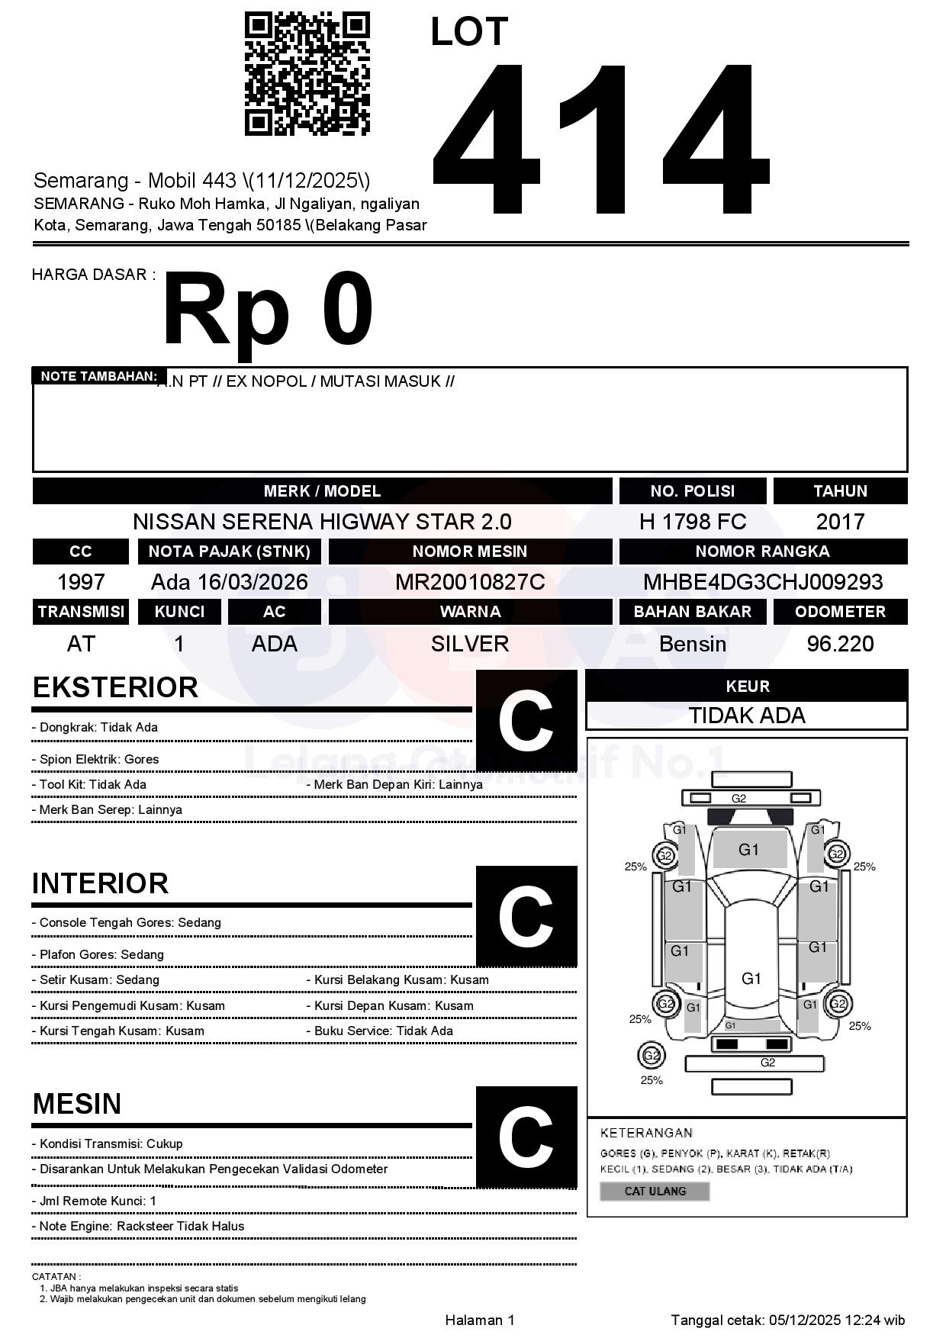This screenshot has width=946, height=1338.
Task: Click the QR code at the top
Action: coord(307,73)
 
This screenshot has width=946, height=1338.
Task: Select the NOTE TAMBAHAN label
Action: coord(98,376)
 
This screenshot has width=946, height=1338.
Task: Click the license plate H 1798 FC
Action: coord(692,522)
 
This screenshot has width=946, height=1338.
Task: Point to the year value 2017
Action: coord(840,522)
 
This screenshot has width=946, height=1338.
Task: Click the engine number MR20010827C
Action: coord(470,582)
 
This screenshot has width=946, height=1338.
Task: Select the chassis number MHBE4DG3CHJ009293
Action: coord(763,582)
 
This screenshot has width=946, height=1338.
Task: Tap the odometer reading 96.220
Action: coord(840,644)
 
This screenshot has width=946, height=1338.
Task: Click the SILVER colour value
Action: coord(470,644)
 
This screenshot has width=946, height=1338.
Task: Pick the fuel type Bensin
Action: coord(692,644)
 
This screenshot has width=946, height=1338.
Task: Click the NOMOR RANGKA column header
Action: coord(763,551)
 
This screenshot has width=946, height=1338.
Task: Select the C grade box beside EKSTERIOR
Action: coord(526,721)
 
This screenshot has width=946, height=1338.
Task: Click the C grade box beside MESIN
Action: coord(526,1137)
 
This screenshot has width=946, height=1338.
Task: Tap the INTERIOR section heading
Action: coord(100,883)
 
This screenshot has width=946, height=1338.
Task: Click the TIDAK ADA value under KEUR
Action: coord(747,716)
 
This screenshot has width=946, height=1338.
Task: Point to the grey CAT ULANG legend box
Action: coord(655,1191)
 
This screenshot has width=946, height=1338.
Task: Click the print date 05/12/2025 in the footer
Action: coord(804,1320)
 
